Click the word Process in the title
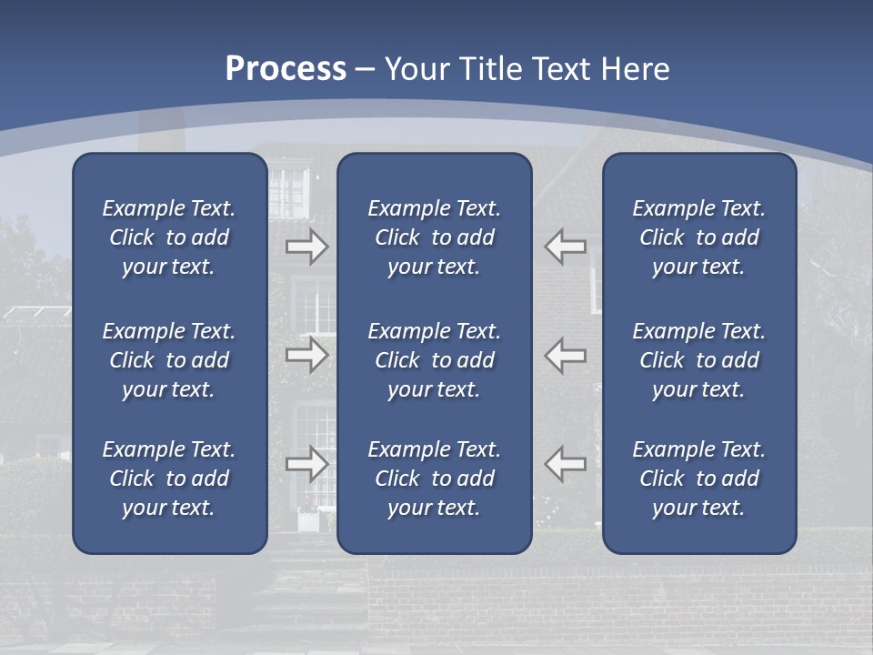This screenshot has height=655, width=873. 286,69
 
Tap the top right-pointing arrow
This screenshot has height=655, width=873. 307,247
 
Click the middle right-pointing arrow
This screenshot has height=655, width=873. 307,355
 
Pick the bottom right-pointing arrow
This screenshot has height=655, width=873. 307,464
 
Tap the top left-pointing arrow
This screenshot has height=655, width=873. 565,247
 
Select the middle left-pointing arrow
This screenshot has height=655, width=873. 565,355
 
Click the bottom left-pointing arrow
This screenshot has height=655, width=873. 565,464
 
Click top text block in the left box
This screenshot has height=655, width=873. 169,237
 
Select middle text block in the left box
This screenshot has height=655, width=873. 169,360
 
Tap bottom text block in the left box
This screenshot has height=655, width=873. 169,479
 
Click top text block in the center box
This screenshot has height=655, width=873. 435,237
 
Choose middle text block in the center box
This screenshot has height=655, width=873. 435,360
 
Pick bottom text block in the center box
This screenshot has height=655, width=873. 435,479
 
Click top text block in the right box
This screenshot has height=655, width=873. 699,237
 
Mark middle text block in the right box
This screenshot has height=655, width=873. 699,360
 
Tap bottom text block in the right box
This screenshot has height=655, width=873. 699,479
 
